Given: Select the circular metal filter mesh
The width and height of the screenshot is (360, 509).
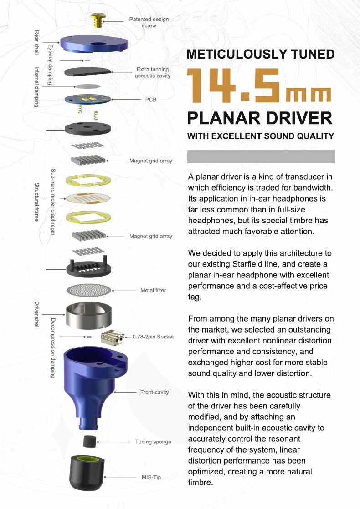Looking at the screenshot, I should (x=89, y=290).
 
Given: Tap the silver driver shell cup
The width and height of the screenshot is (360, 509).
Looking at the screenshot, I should (x=88, y=315).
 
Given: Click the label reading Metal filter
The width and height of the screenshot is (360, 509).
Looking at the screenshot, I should (x=153, y=290).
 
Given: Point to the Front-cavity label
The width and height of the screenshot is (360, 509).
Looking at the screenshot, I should (x=154, y=392).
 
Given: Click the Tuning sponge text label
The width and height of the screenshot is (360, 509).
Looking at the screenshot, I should (x=153, y=442).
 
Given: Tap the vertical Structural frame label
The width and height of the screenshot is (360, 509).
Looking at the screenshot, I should (x=36, y=202).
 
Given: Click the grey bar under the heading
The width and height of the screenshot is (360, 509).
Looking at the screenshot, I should (x=261, y=156).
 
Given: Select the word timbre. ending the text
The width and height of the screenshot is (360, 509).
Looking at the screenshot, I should (x=201, y=482).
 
